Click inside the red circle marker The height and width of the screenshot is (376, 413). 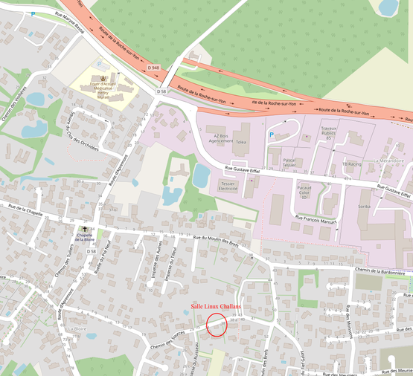point(217,325)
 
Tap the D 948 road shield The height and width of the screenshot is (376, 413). point(154,68)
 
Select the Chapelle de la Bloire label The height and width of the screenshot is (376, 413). point(85,237)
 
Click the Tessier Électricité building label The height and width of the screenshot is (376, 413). point(228,186)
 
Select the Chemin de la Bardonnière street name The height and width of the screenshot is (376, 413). point(380,272)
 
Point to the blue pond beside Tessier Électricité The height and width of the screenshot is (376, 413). point(201,175)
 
